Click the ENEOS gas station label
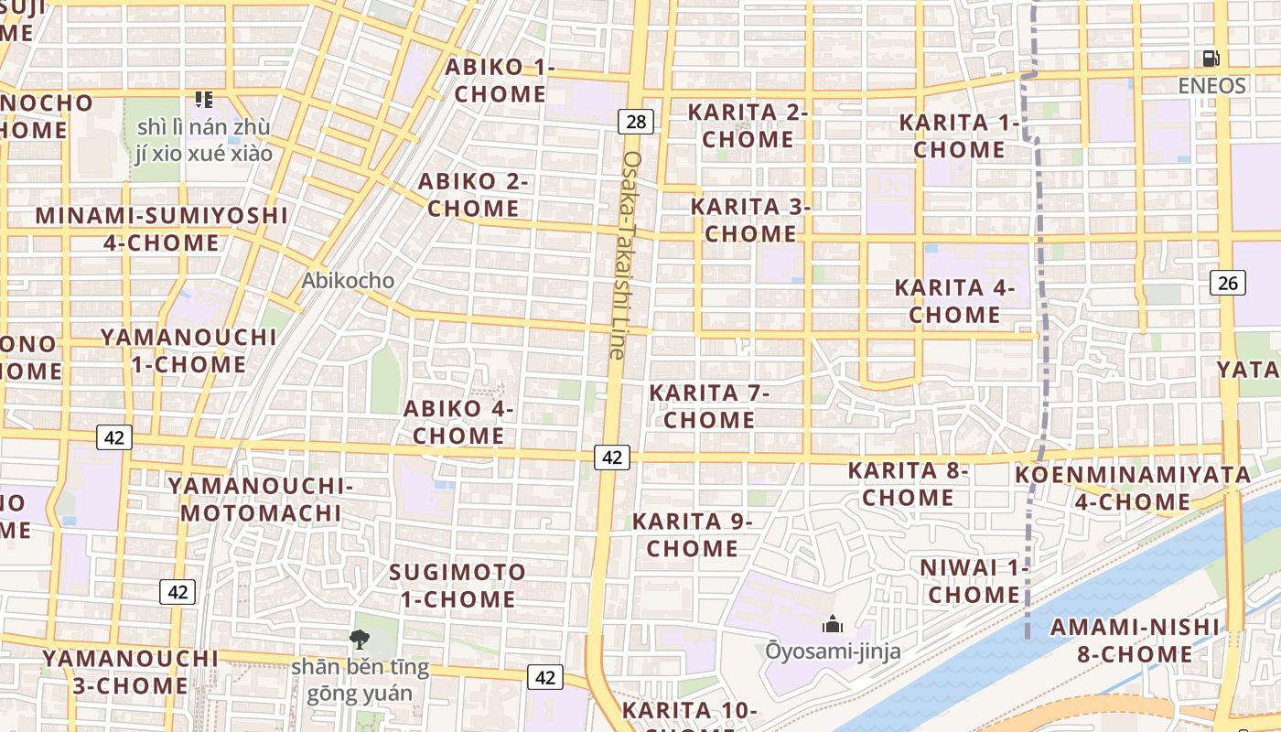1211,85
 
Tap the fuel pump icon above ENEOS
1211,59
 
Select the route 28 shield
637,122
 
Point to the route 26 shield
1228,283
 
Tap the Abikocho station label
349,280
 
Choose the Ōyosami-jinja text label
833,651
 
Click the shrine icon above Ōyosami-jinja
833,625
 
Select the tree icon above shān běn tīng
360,639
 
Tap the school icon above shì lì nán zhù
203,99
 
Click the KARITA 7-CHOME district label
709,406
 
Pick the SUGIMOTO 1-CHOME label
457,586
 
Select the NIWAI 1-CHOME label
974,581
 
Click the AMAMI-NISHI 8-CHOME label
1135,640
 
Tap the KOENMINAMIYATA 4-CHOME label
1133,488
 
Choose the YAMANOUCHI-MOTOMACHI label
261,499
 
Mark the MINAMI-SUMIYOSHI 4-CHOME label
161,229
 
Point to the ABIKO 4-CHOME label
458,422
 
